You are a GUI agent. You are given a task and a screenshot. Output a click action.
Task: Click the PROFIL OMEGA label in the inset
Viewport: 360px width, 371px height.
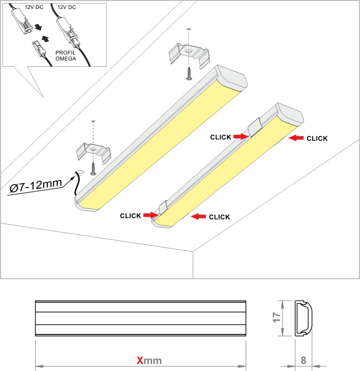[x=65, y=55]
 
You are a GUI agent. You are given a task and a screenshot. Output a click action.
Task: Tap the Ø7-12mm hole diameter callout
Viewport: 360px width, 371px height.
[x=36, y=185]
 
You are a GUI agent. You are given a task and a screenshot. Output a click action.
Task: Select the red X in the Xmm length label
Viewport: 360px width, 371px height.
[x=140, y=361]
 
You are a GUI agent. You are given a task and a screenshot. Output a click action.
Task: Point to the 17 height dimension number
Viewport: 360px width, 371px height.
[x=276, y=317]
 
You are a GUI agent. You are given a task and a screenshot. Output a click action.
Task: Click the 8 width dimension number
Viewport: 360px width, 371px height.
[x=303, y=360]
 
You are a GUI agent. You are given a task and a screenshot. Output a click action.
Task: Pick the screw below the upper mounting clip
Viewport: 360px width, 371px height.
[x=189, y=73]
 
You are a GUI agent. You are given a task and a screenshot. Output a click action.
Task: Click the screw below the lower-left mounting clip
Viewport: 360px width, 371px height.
[x=93, y=169]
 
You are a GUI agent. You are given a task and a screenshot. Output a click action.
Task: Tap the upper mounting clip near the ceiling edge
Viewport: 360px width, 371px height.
[x=189, y=56]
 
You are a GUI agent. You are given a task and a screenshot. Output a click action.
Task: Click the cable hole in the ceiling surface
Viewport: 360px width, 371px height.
[x=79, y=173]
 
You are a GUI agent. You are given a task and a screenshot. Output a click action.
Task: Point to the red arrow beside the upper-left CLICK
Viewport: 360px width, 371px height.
[x=241, y=137]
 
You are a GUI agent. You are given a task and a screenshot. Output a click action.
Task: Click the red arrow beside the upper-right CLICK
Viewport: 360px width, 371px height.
[x=296, y=138]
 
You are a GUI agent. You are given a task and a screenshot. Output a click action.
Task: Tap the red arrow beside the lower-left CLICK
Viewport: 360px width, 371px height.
[x=151, y=215]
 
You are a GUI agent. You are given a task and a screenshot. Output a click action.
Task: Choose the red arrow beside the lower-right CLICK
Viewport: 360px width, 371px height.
[x=198, y=216]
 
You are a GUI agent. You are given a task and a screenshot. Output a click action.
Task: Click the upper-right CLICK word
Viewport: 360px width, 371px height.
[x=317, y=139]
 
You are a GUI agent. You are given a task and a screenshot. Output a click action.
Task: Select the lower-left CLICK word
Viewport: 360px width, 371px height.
[x=131, y=216]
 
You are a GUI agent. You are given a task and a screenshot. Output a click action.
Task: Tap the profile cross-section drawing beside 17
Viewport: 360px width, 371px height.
[x=304, y=318]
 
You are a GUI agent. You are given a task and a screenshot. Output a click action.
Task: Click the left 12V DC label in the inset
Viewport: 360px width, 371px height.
[x=34, y=7]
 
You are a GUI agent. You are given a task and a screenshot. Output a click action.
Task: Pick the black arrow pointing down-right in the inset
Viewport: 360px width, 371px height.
[x=38, y=27]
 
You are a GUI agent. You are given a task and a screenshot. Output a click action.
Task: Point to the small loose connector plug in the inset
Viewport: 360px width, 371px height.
[x=38, y=48]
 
